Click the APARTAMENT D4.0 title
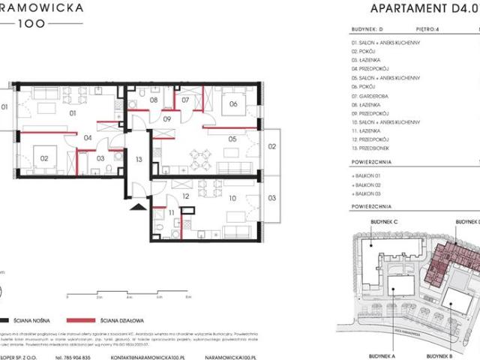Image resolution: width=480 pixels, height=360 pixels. [414, 9]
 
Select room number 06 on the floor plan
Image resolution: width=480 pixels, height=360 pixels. [233, 104]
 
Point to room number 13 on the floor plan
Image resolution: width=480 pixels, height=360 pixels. [139, 159]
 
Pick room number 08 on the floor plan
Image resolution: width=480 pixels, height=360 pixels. [154, 100]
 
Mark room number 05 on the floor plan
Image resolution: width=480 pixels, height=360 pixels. [233, 139]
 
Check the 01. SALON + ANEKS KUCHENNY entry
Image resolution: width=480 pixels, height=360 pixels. [385, 43]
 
